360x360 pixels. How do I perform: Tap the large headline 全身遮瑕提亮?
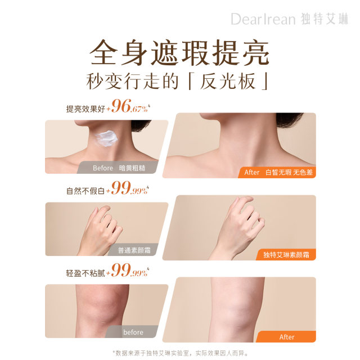tap(179, 52)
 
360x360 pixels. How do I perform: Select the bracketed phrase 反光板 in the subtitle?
tap(228, 81)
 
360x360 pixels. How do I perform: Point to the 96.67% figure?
tap(130, 106)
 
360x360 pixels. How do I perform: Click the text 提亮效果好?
tap(85, 109)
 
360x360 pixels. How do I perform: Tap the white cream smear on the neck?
tap(106, 138)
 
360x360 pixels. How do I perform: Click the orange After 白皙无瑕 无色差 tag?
tap(277, 172)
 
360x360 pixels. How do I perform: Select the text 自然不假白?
tap(85, 191)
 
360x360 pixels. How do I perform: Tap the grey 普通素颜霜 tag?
tap(133, 250)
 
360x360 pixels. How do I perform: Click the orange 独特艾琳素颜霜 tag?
tap(286, 255)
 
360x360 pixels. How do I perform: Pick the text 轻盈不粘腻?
tap(85, 273)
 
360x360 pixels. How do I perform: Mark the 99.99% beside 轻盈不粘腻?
tap(130, 271)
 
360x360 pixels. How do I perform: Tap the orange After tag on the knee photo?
tap(286, 337)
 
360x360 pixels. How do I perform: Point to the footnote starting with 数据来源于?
tap(181, 353)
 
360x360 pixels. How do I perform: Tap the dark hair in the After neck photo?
tap(289, 119)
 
